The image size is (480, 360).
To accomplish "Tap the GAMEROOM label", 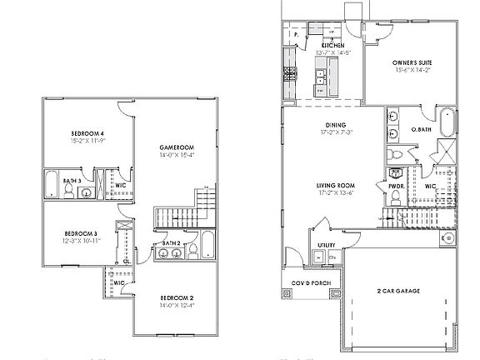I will point(177,148).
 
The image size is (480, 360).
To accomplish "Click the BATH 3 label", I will point(72,179).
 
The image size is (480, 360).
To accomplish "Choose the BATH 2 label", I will point(172,242).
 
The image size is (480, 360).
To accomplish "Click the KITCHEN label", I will point(333,45).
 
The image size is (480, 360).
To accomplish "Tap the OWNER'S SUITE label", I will point(412,62).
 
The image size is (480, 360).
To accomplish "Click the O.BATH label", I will point(421,130).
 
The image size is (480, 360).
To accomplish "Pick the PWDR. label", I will point(396,175).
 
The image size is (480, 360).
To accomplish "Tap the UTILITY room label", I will point(326,245).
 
